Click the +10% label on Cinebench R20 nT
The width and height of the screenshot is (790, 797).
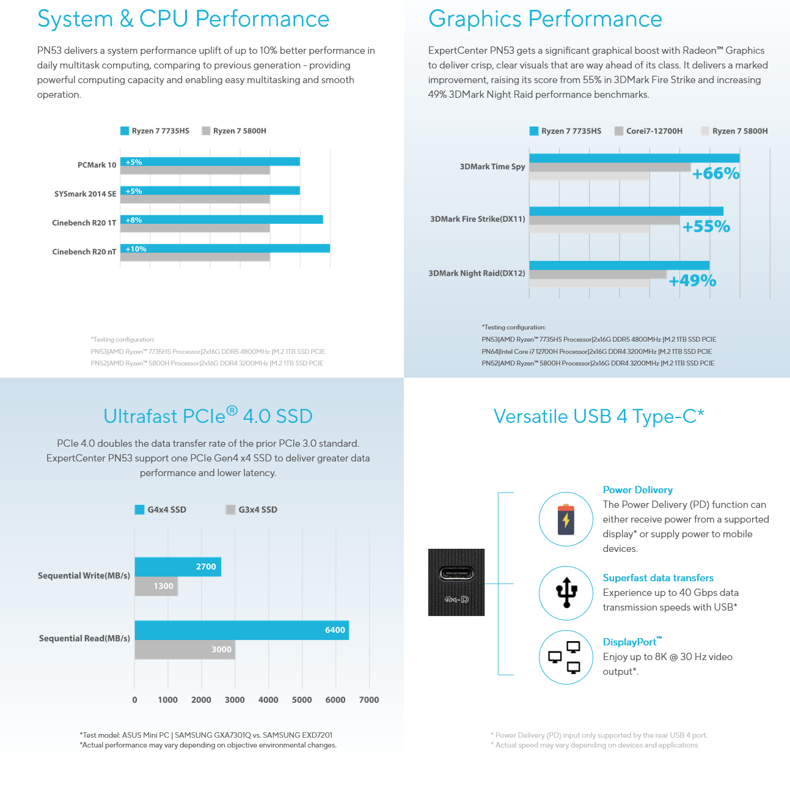tap(136, 249)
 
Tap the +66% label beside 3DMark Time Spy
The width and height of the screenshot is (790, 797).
tap(715, 174)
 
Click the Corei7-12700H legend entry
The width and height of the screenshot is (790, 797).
tap(648, 131)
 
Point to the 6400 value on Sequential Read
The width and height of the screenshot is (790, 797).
tap(335, 630)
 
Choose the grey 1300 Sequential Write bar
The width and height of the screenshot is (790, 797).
tap(156, 586)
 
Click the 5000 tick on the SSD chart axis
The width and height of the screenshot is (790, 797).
tap(302, 700)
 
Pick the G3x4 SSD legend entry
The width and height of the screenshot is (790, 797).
tap(252, 510)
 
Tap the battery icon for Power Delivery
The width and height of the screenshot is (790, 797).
tap(566, 520)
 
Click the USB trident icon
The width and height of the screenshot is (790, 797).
tap(566, 593)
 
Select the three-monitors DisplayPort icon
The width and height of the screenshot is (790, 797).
tap(566, 657)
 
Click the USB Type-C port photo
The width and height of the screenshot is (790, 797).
tap(456, 582)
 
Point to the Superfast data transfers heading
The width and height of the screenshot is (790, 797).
tap(658, 578)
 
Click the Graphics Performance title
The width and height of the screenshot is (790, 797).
tap(545, 19)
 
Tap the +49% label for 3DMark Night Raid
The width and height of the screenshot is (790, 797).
tap(692, 281)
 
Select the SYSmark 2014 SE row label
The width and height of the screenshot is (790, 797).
tap(85, 194)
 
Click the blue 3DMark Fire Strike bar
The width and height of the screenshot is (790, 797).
tap(626, 211)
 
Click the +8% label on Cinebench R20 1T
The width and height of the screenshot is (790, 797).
tap(133, 220)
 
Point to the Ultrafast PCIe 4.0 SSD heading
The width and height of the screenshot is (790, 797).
tap(208, 416)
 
